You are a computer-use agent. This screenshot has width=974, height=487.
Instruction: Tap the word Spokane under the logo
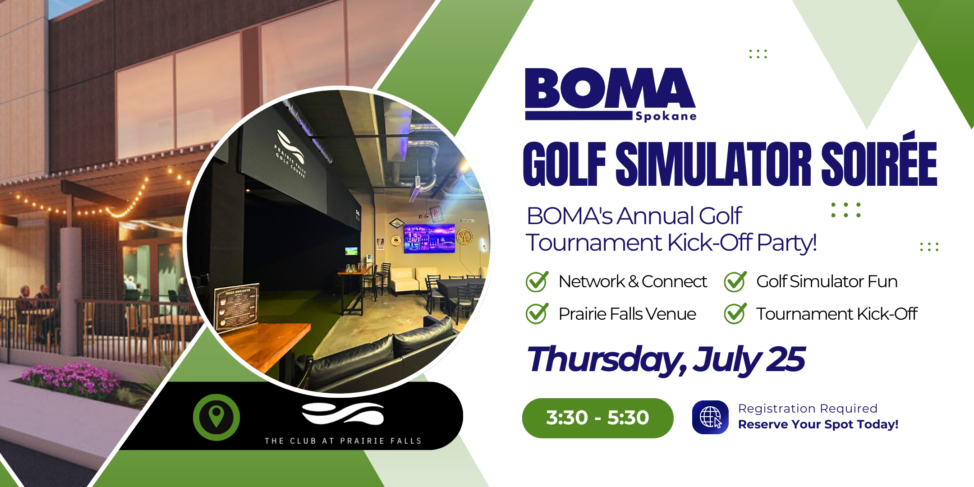tap(666, 116)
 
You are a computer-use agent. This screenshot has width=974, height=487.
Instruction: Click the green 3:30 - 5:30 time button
tap(597, 418)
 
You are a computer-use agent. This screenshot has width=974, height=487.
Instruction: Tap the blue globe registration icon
tap(710, 417)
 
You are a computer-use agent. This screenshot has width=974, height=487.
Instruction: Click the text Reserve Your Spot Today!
tap(818, 424)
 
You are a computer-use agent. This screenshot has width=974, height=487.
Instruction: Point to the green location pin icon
tap(216, 417)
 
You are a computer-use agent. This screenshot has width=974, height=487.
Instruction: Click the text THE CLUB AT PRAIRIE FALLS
tap(343, 441)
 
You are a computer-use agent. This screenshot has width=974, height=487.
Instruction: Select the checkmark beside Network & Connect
tap(537, 281)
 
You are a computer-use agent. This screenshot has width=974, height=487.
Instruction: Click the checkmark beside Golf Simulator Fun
tap(735, 281)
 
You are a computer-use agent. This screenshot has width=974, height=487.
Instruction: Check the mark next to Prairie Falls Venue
tap(537, 314)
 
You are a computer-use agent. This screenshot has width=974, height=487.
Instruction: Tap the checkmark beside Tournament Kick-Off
tap(735, 314)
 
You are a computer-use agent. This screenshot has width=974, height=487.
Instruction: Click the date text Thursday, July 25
tap(666, 360)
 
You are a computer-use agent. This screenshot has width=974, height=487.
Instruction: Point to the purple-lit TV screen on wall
tap(429, 238)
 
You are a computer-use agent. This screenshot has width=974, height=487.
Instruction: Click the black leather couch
tap(383, 352)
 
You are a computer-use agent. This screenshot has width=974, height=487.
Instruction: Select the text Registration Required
tap(808, 409)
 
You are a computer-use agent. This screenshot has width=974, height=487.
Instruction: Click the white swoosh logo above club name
tap(343, 413)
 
